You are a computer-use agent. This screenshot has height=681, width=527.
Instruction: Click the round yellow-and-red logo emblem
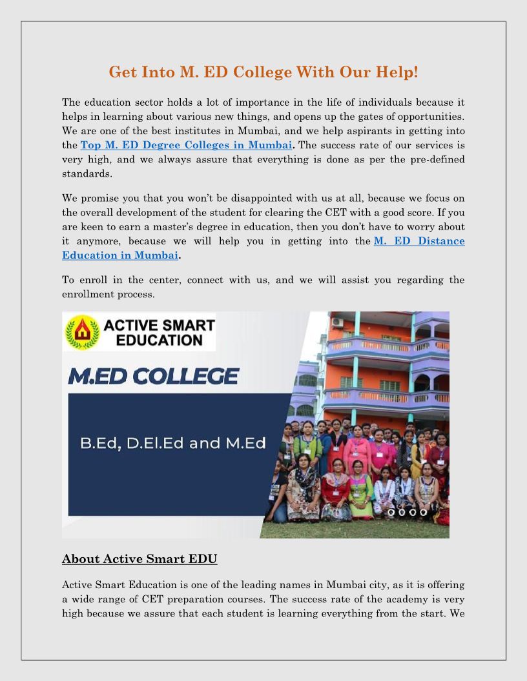83,331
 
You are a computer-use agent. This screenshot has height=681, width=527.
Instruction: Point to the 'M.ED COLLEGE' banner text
153,376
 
